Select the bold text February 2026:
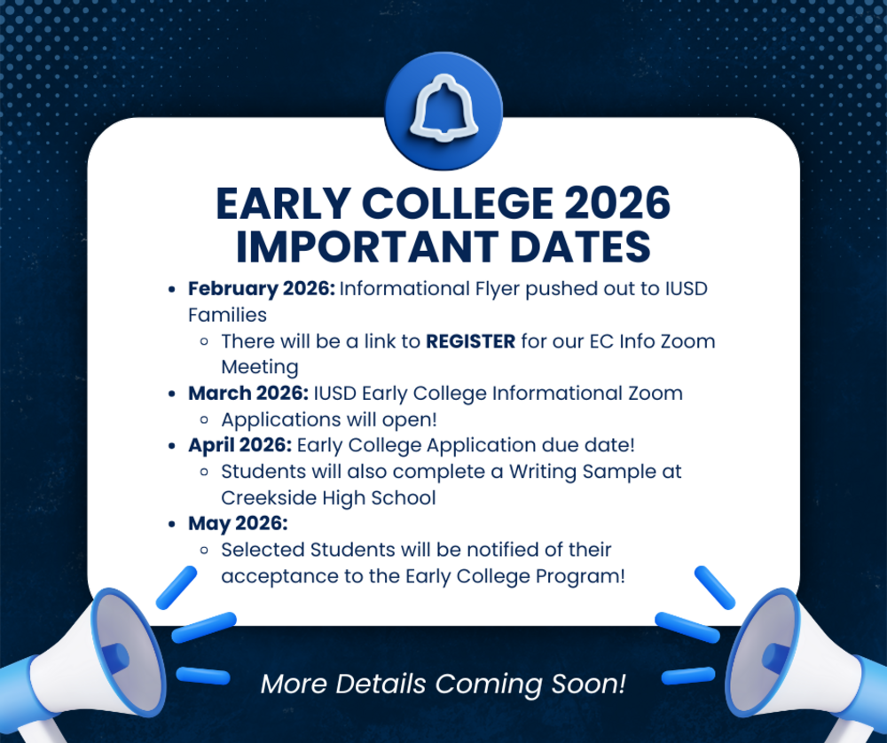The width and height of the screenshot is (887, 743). point(261,289)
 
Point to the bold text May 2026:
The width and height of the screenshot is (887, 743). point(238,523)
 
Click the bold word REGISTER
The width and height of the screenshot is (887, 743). point(470,341)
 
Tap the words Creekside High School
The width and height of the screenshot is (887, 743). point(328,497)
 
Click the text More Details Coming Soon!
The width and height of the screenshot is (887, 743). point(443,684)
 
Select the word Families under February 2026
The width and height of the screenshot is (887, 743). point(227,315)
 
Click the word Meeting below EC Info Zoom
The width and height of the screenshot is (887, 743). point(259,367)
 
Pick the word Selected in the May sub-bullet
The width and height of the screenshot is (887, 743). point(263,550)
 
